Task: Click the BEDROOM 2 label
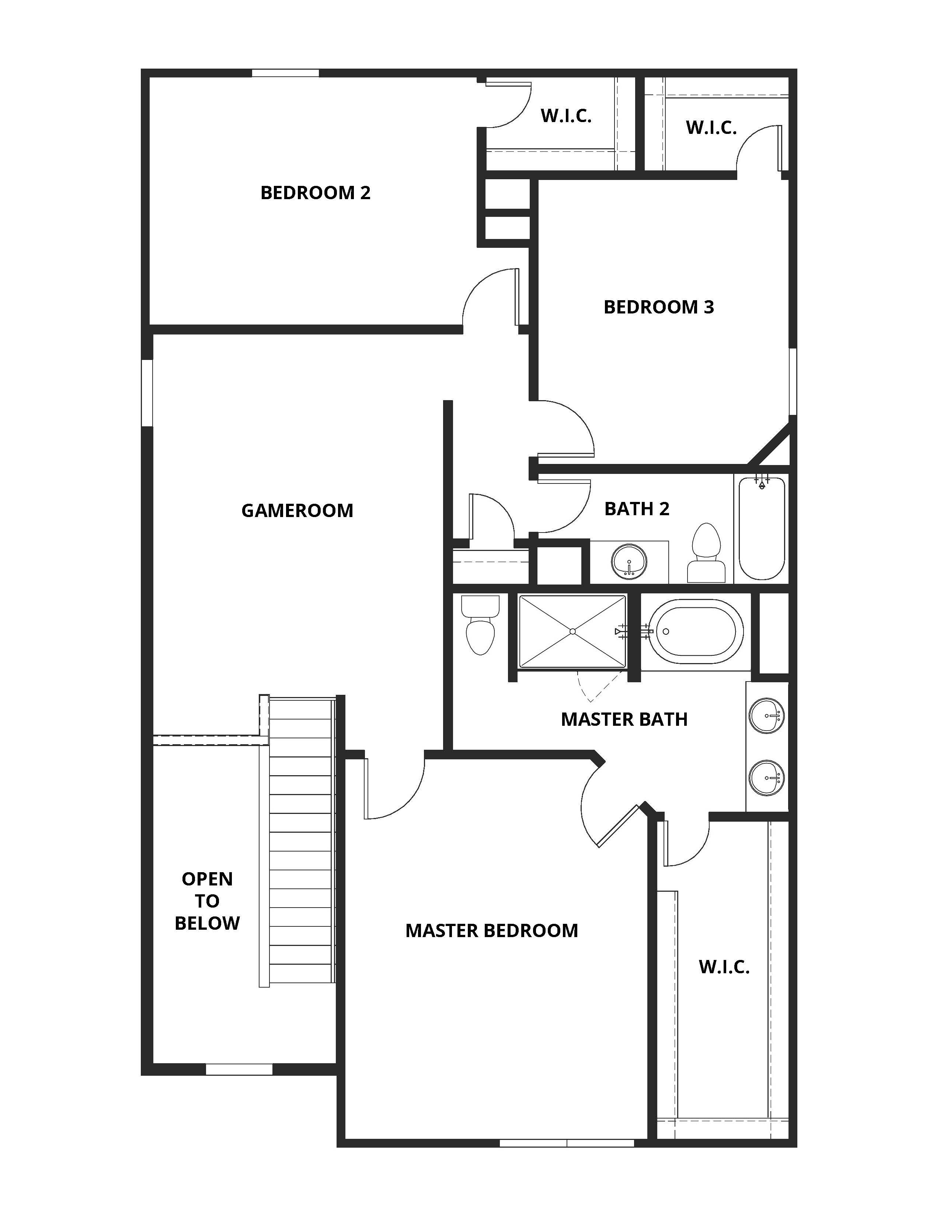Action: click(x=315, y=193)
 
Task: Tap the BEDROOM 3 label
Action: click(x=658, y=307)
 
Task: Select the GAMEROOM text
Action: click(x=297, y=510)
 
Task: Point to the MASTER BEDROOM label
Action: click(x=491, y=930)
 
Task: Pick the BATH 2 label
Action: click(x=637, y=509)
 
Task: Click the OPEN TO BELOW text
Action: click(x=207, y=901)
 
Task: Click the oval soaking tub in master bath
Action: click(x=696, y=631)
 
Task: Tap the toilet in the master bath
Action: click(x=480, y=625)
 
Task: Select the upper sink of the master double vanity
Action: click(x=767, y=715)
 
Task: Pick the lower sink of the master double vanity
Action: click(x=767, y=778)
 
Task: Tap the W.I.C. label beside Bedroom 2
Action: click(x=566, y=116)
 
